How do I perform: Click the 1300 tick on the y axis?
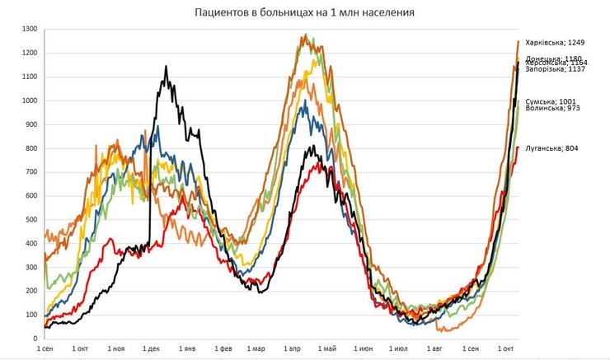pos(30,30)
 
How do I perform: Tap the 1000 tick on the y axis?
pos(30,101)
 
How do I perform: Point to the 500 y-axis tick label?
pos(31,219)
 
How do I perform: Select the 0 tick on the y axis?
pos(35,339)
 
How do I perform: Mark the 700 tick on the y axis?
pos(31,172)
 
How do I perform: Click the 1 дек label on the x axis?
pos(152,349)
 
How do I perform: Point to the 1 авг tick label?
pos(434,349)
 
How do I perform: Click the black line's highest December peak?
pos(166,67)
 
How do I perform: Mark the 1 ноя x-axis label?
pos(116,349)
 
